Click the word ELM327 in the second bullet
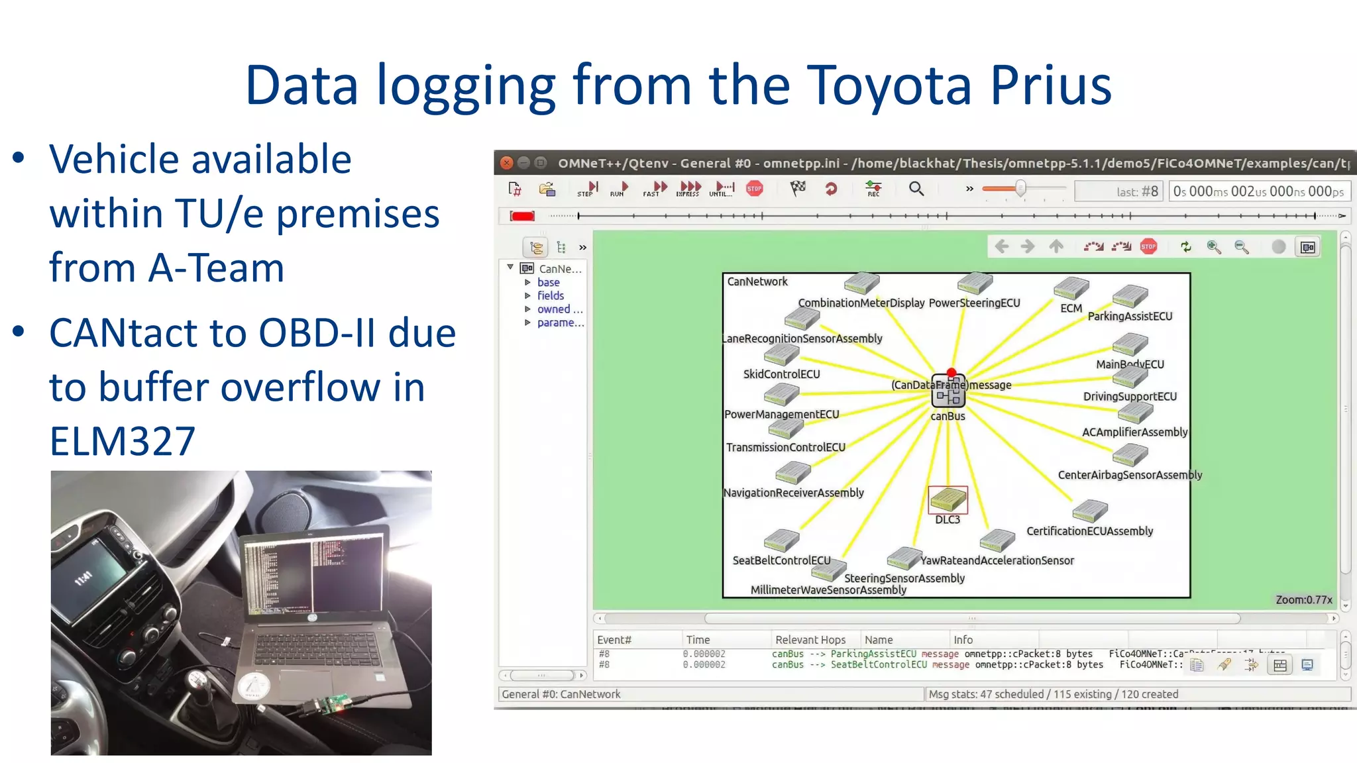coord(123,441)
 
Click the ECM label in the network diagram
coord(1071,309)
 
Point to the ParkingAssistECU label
coord(1130,317)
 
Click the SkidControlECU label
coord(781,374)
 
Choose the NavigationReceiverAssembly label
coord(793,493)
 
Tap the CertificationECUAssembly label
coord(1089,531)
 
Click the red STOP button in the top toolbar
coord(754,189)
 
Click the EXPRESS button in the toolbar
coord(688,189)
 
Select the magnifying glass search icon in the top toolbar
coord(916,189)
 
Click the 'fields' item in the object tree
coord(550,295)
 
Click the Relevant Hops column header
coord(810,640)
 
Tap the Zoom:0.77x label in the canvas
coord(1303,599)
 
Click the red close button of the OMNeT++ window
coord(507,163)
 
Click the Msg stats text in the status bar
coord(1053,694)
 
